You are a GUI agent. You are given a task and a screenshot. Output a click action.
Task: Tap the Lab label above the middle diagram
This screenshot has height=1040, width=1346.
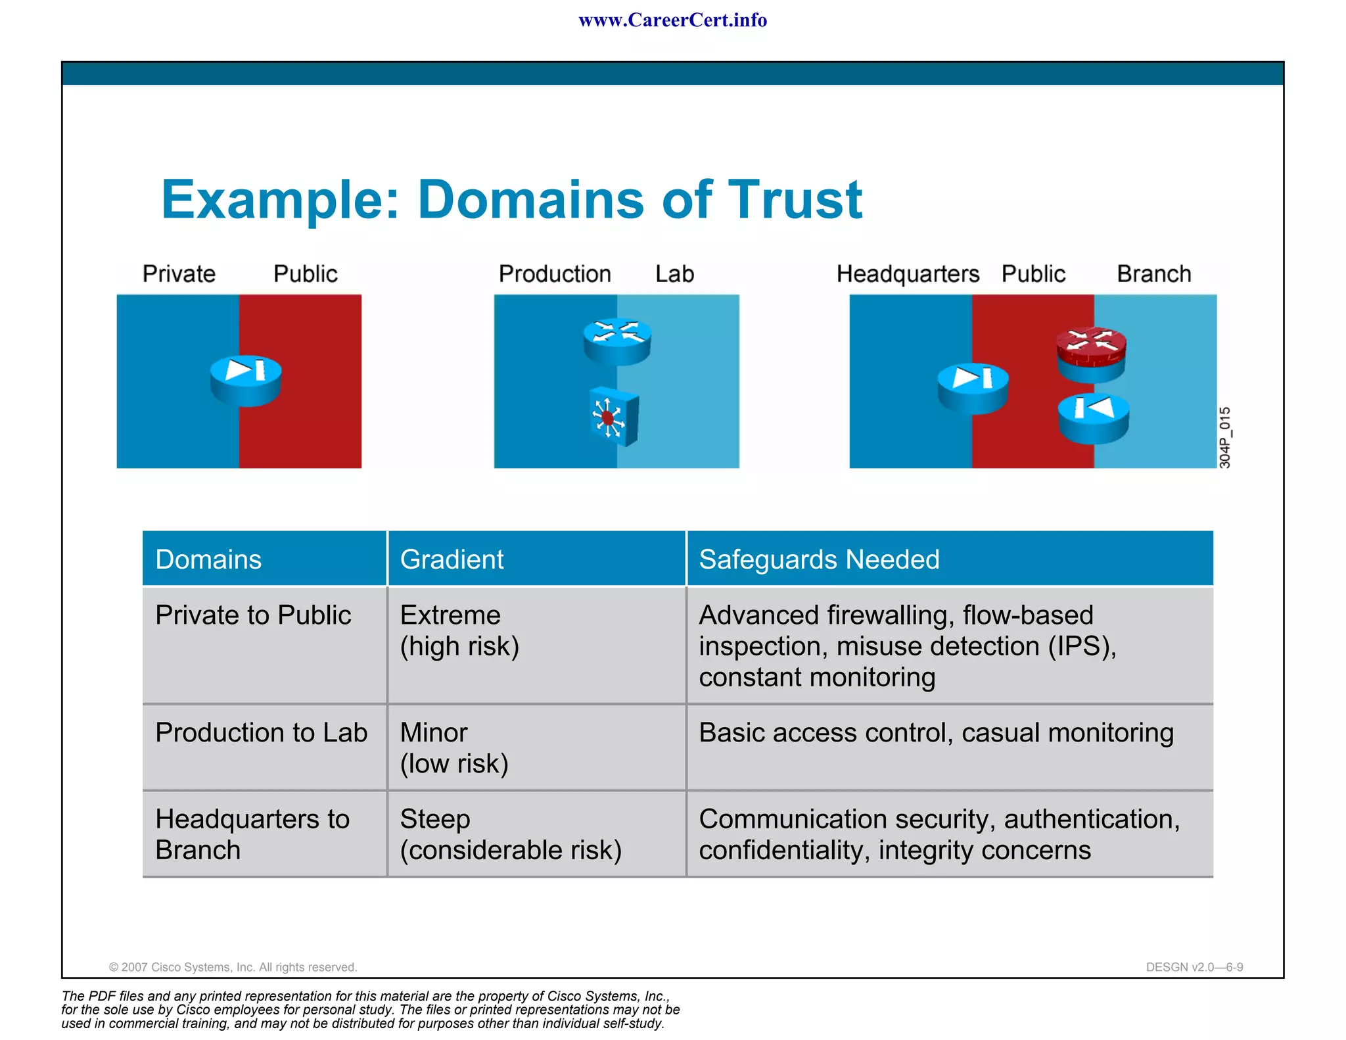(674, 274)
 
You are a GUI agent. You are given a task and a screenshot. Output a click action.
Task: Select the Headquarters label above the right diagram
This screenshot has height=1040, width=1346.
(907, 274)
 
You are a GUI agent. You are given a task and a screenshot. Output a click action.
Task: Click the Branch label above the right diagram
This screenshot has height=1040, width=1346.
(1153, 274)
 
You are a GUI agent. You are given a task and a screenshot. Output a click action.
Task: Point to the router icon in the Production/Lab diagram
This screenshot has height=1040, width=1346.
(617, 341)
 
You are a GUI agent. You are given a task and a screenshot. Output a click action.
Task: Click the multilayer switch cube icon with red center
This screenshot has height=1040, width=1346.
(614, 417)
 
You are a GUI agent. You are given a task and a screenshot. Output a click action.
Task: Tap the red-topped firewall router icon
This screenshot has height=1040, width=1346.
(1091, 354)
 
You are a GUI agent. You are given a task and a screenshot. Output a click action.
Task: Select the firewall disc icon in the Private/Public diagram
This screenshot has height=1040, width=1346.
(246, 379)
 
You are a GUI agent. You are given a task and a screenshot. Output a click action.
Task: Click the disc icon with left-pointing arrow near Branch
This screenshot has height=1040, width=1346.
(1093, 417)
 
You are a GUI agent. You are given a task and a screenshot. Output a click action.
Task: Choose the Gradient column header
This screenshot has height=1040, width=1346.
(452, 559)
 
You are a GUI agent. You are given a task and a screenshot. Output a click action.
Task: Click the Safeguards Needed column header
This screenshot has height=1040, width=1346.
(819, 559)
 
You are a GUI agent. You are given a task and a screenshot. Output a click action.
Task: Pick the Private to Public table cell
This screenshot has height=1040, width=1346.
(253, 615)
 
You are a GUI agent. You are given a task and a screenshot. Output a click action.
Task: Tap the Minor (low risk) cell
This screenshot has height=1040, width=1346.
(453, 747)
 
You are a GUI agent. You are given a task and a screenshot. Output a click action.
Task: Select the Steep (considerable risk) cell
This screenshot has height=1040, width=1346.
(510, 834)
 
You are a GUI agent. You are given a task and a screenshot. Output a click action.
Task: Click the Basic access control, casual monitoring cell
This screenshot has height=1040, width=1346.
(936, 733)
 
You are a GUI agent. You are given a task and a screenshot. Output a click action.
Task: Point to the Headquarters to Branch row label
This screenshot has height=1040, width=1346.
(252, 834)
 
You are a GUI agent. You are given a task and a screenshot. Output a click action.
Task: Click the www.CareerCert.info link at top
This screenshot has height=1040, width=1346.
(672, 20)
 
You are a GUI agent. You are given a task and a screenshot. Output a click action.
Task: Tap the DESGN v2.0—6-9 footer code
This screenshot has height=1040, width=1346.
(1194, 967)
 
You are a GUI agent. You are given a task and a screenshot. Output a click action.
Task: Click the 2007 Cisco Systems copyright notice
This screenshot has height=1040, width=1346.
(233, 967)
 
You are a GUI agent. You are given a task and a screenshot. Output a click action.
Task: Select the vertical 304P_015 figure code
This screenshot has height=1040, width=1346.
(1224, 437)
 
